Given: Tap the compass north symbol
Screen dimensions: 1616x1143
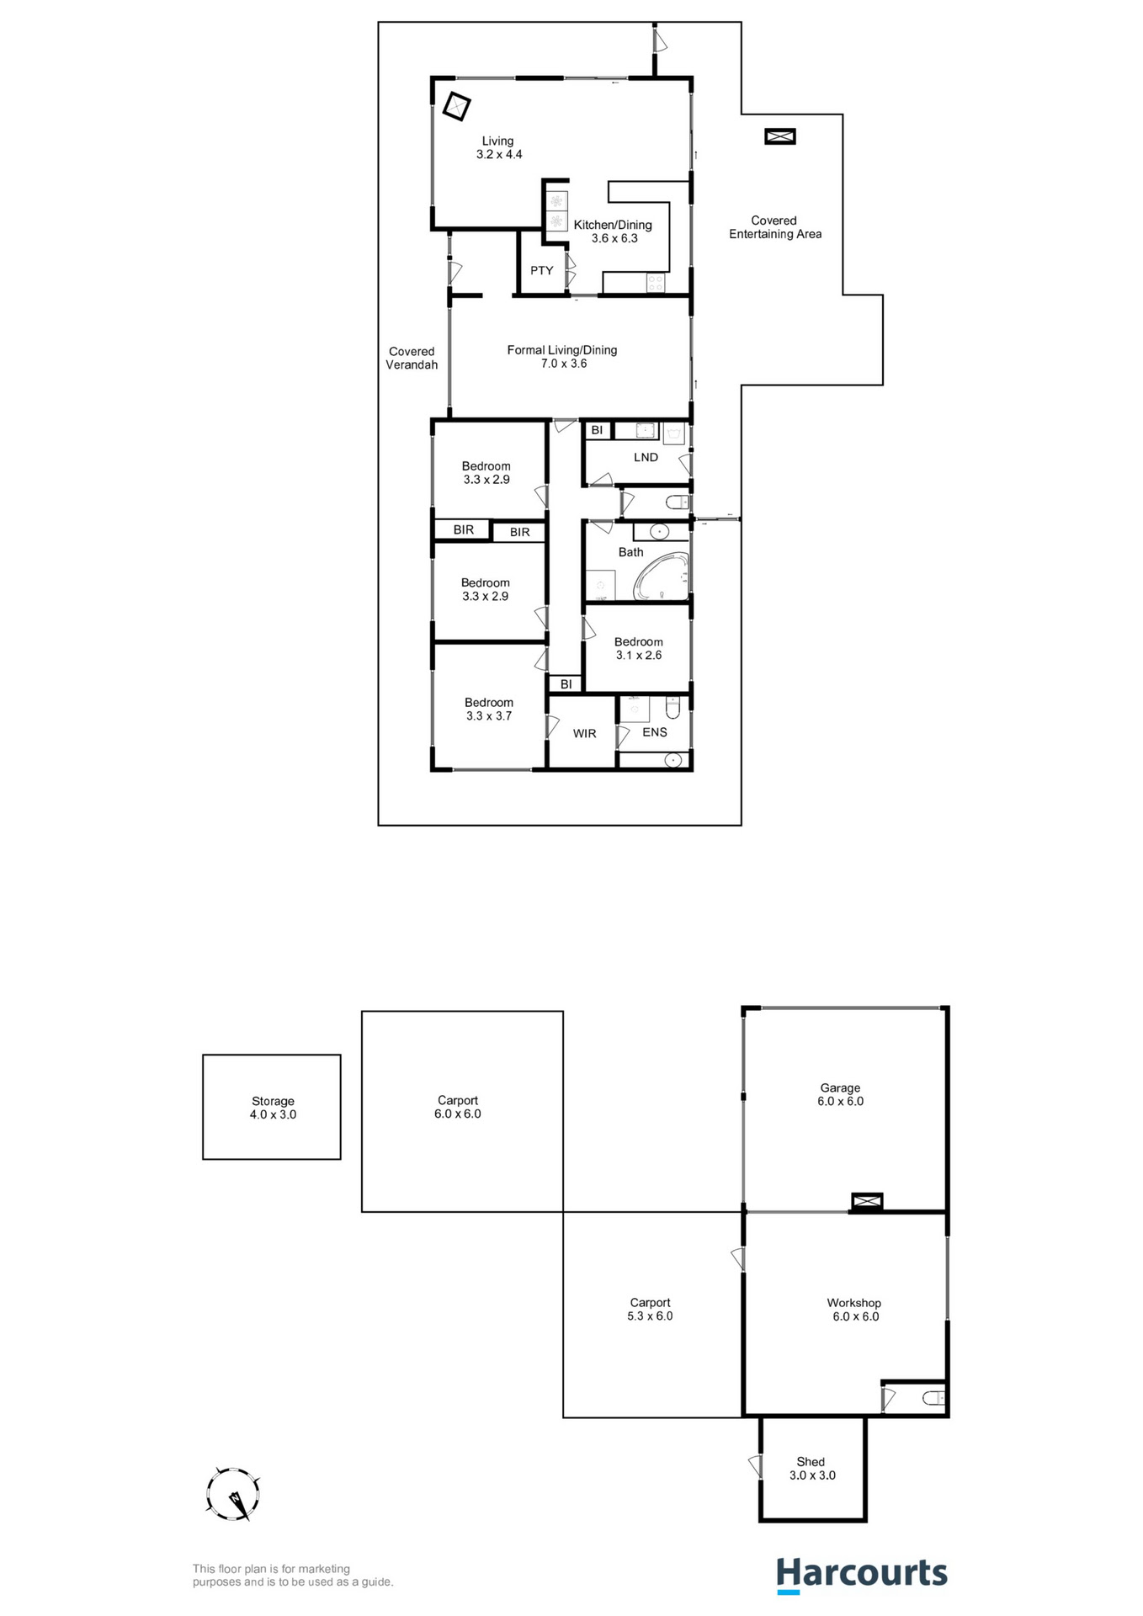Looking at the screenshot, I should (x=233, y=1495).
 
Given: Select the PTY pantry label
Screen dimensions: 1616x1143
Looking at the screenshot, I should (x=541, y=270).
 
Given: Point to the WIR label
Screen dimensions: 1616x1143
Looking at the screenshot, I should (x=584, y=734).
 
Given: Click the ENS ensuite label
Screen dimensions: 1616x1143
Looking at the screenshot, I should (x=654, y=732).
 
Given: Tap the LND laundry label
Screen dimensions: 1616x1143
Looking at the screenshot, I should (x=646, y=457).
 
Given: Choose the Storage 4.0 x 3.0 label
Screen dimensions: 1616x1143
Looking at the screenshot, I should (x=273, y=1108).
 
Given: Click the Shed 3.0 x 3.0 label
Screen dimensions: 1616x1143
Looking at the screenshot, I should (x=812, y=1469).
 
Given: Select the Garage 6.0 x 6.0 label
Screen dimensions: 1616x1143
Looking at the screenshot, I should (x=840, y=1094).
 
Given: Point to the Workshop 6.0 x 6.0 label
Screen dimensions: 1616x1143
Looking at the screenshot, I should (x=854, y=1310).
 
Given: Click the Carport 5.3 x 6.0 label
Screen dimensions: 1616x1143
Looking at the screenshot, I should (x=650, y=1309).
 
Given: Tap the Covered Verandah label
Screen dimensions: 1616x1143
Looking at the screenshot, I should (x=412, y=359).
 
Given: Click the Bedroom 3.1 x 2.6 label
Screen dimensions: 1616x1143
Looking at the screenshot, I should (x=638, y=648).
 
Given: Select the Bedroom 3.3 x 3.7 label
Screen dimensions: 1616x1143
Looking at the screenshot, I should (x=488, y=709).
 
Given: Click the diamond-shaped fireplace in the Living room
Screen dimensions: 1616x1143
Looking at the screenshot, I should (x=457, y=107).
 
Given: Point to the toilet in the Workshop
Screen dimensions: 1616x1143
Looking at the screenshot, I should (x=933, y=1399).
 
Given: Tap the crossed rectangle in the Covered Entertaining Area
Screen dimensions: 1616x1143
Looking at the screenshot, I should (x=780, y=136).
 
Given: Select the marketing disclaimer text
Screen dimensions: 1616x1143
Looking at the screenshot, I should (x=293, y=1575).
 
